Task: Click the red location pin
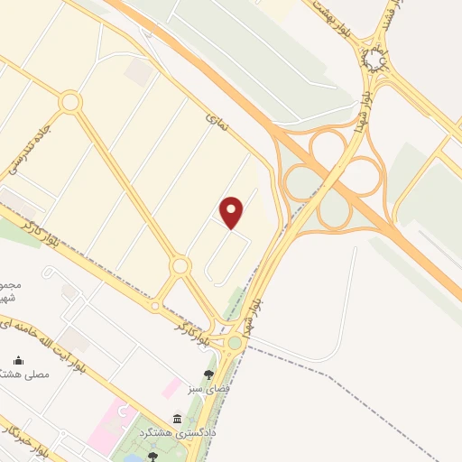(233, 212)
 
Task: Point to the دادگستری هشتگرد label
(171, 433)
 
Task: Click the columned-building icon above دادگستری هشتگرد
(177, 420)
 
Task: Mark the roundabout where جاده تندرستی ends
(70, 102)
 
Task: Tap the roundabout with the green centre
(235, 342)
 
